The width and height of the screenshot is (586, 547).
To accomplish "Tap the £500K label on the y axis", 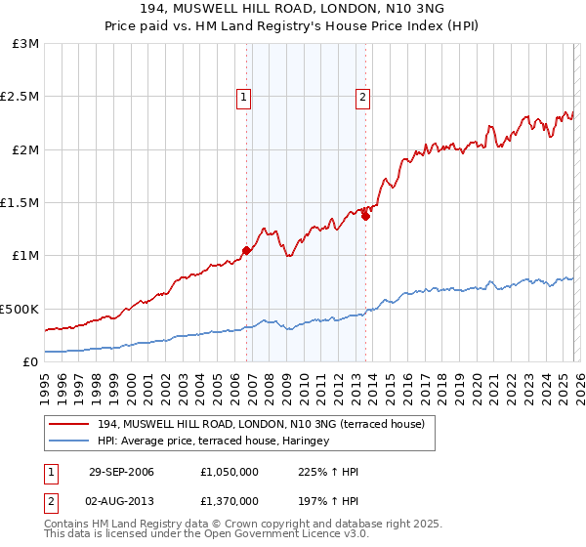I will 20,309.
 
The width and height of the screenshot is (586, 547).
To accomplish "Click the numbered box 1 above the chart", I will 242,97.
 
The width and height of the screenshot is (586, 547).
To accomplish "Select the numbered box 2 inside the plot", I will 362,97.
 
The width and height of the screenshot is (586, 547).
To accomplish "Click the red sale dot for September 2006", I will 246,250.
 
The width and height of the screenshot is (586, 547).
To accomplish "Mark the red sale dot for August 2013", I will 365,216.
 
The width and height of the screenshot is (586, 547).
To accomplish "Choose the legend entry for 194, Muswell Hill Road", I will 261,424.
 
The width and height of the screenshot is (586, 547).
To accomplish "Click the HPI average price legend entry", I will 213,441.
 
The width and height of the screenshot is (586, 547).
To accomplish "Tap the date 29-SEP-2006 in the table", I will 121,472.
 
